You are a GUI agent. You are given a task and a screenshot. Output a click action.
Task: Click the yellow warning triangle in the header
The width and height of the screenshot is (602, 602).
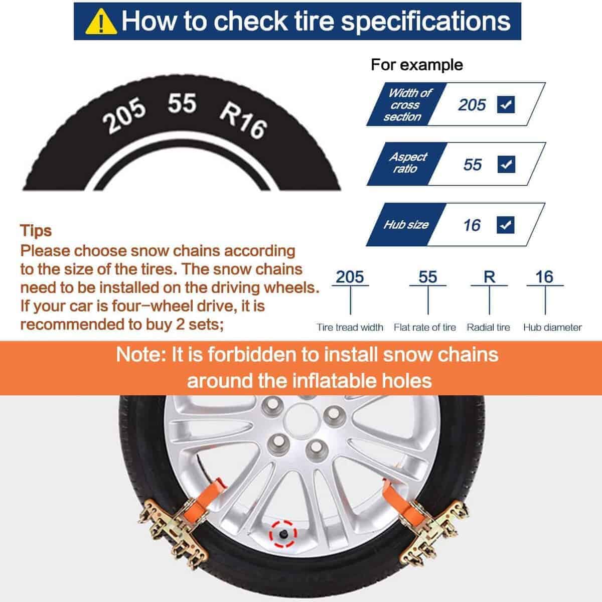click(x=101, y=22)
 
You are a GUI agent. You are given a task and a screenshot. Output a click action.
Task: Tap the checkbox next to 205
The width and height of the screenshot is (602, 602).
click(x=506, y=105)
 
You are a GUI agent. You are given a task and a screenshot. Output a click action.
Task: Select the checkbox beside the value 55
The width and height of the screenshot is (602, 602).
click(x=506, y=165)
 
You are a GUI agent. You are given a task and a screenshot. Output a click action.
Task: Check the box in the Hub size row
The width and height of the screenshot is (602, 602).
click(x=506, y=225)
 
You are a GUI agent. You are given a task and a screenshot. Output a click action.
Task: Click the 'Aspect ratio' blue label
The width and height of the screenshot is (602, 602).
click(x=407, y=163)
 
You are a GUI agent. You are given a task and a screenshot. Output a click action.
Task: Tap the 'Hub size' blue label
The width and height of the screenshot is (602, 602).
click(x=406, y=225)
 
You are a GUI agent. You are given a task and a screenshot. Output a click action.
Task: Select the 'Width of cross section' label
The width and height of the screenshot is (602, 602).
click(x=407, y=105)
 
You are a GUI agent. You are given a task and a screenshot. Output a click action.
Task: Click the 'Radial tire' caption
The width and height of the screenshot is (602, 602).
click(x=488, y=328)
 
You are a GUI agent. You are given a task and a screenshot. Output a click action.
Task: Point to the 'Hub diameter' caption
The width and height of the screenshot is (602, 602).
click(x=552, y=328)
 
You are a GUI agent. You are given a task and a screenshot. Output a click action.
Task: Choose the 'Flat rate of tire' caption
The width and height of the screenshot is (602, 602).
click(x=425, y=328)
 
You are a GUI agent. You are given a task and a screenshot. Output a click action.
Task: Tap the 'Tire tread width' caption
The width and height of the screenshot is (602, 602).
click(x=350, y=328)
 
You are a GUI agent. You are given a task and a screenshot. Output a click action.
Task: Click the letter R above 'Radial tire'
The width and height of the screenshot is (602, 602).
click(x=489, y=277)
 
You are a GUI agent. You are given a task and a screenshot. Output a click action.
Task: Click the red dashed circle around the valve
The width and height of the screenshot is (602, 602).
click(x=283, y=534)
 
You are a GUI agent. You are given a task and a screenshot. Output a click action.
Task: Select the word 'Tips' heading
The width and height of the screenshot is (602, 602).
click(x=36, y=231)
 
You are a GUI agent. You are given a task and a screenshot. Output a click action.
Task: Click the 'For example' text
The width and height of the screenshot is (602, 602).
click(x=417, y=65)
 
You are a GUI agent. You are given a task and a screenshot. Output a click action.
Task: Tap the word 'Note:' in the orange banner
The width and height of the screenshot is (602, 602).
click(x=141, y=355)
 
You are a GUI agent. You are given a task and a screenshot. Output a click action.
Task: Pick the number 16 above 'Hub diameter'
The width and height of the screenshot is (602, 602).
click(x=544, y=277)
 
